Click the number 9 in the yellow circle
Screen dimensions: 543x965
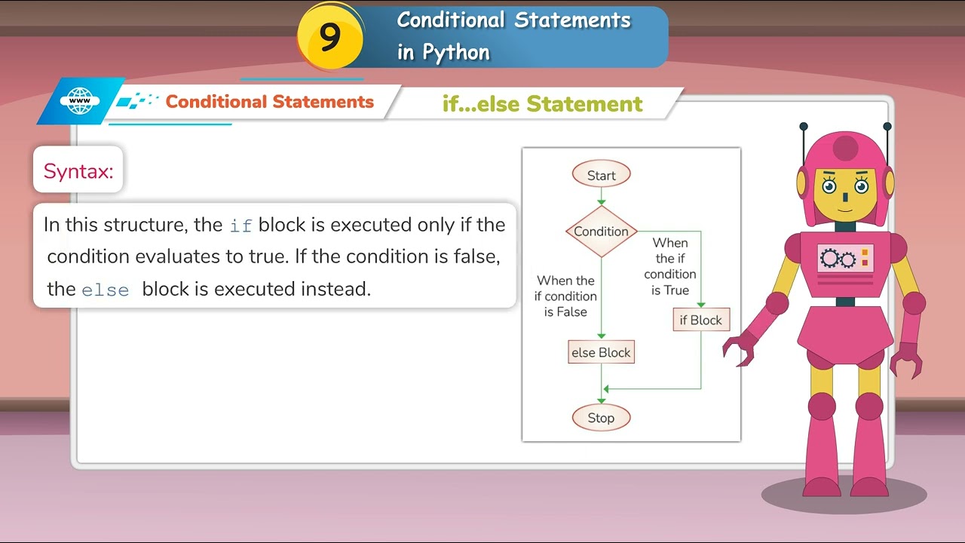click(330, 37)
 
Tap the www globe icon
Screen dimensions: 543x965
click(80, 102)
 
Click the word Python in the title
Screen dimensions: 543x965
click(455, 52)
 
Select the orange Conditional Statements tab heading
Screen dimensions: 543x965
click(269, 102)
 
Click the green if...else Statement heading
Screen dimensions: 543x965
click(542, 104)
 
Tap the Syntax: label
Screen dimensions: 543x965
click(78, 171)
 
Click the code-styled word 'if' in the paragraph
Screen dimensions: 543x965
click(240, 225)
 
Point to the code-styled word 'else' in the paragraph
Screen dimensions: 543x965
click(105, 290)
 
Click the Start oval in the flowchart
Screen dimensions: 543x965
click(601, 175)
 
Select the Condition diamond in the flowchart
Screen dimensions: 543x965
click(601, 232)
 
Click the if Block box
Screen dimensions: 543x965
click(700, 321)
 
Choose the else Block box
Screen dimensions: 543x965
click(601, 352)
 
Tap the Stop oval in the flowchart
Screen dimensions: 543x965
click(601, 418)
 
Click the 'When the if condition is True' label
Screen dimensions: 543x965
click(670, 266)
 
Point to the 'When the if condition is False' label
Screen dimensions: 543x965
click(565, 296)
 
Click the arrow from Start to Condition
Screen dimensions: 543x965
click(601, 196)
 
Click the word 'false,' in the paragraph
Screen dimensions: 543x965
click(476, 256)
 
